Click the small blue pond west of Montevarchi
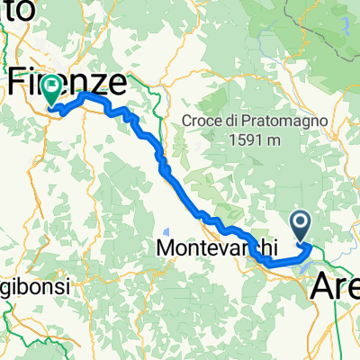coord(169,229)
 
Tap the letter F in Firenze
coord(18,83)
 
